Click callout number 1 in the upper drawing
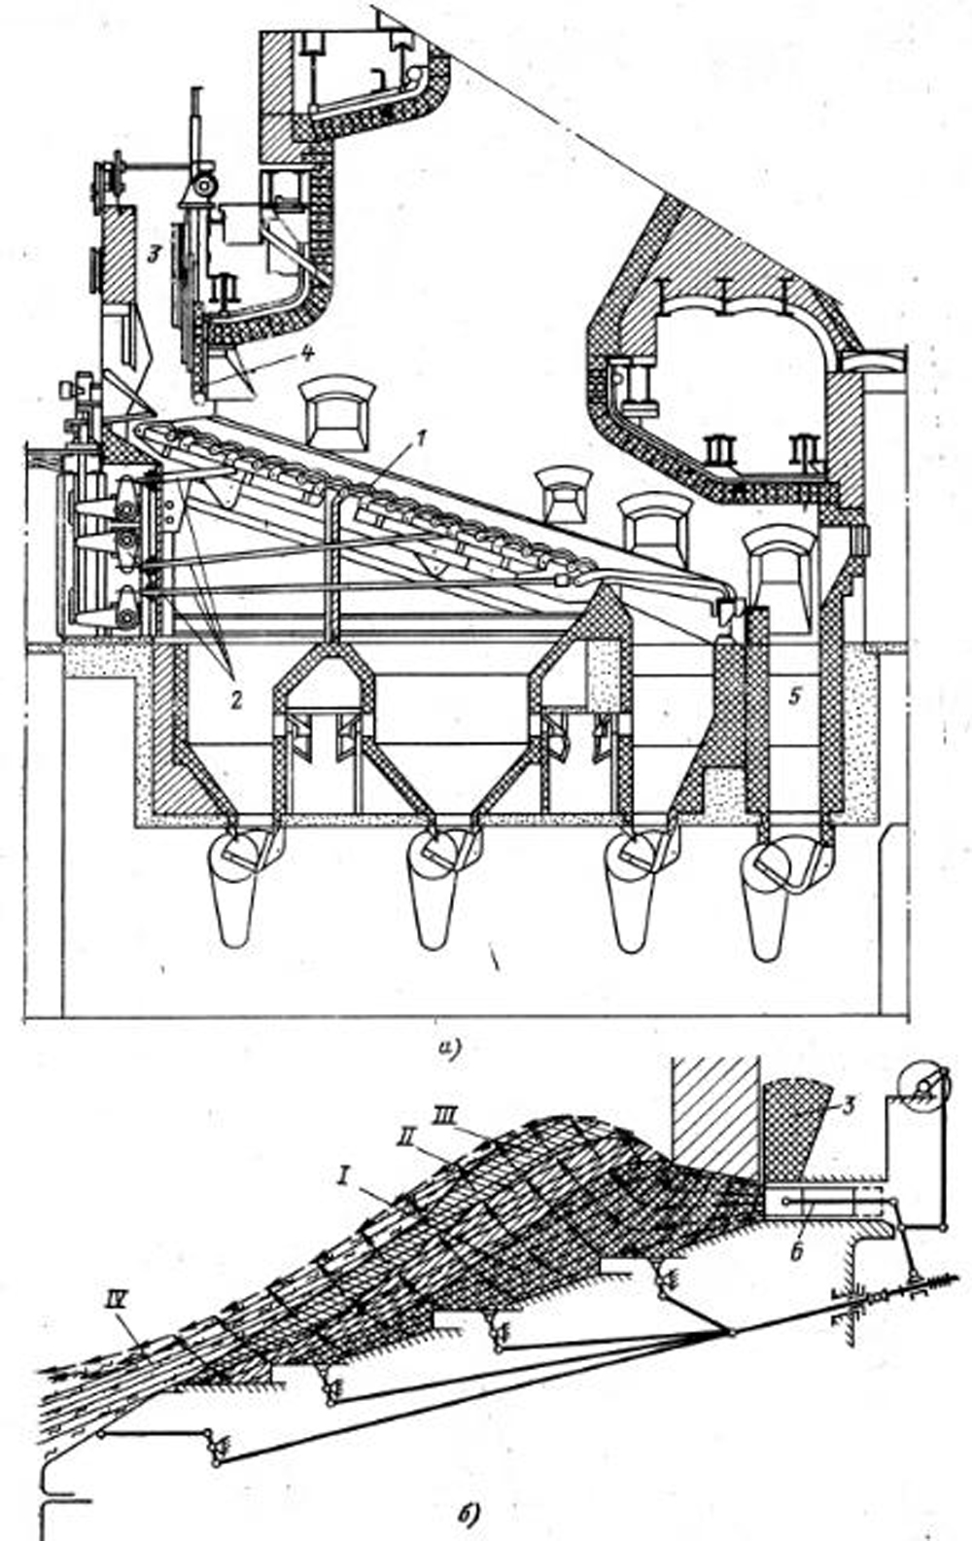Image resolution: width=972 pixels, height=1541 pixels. pyautogui.click(x=420, y=438)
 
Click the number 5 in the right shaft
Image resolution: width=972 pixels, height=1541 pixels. pyautogui.click(x=795, y=696)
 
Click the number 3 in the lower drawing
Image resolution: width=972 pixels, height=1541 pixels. pyautogui.click(x=848, y=1103)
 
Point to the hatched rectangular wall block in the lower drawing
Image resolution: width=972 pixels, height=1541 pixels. pyautogui.click(x=714, y=1113)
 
